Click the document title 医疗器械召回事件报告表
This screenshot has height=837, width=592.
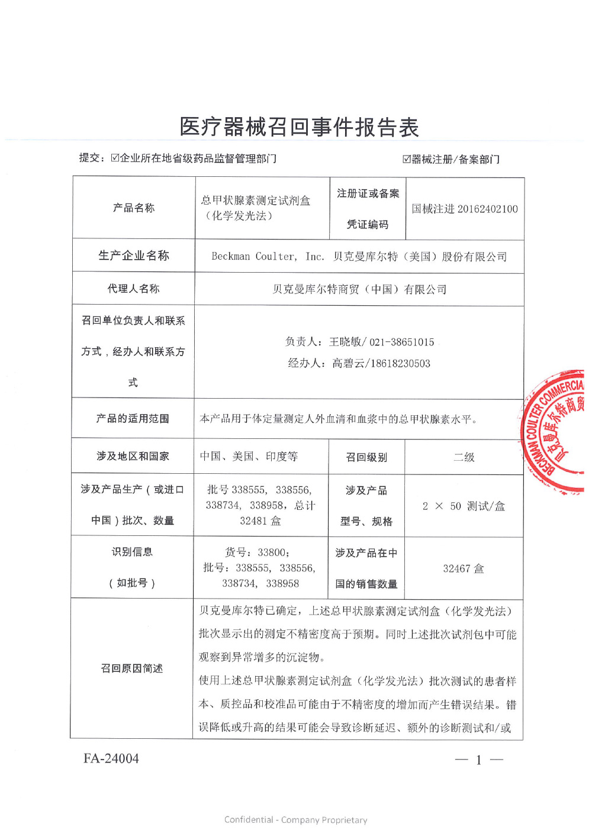pyautogui.click(x=299, y=127)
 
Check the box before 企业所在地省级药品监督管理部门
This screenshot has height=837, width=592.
pyautogui.click(x=115, y=158)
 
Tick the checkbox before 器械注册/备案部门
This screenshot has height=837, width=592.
pyautogui.click(x=407, y=159)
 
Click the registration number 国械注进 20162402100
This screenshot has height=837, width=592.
pyautogui.click(x=465, y=209)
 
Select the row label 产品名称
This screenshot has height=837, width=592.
pyautogui.click(x=134, y=208)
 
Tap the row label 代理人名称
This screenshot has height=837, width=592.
pyautogui.click(x=133, y=289)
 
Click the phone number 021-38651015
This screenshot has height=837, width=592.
pyautogui.click(x=402, y=342)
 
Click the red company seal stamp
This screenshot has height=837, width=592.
pyautogui.click(x=555, y=431)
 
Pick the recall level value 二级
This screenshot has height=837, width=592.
pyautogui.click(x=464, y=457)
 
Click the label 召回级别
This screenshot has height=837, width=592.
pyautogui.click(x=366, y=457)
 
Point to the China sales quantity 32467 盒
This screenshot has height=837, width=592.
pyautogui.click(x=464, y=568)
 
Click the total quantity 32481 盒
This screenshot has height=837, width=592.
pyautogui.click(x=260, y=521)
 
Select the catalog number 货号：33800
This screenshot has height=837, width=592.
pyautogui.click(x=257, y=552)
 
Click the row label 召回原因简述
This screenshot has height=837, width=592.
pyautogui.click(x=132, y=668)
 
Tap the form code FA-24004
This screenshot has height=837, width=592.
pyautogui.click(x=111, y=758)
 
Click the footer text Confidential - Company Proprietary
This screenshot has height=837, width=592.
pyautogui.click(x=295, y=820)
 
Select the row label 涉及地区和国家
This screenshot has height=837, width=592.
pyautogui.click(x=133, y=456)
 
